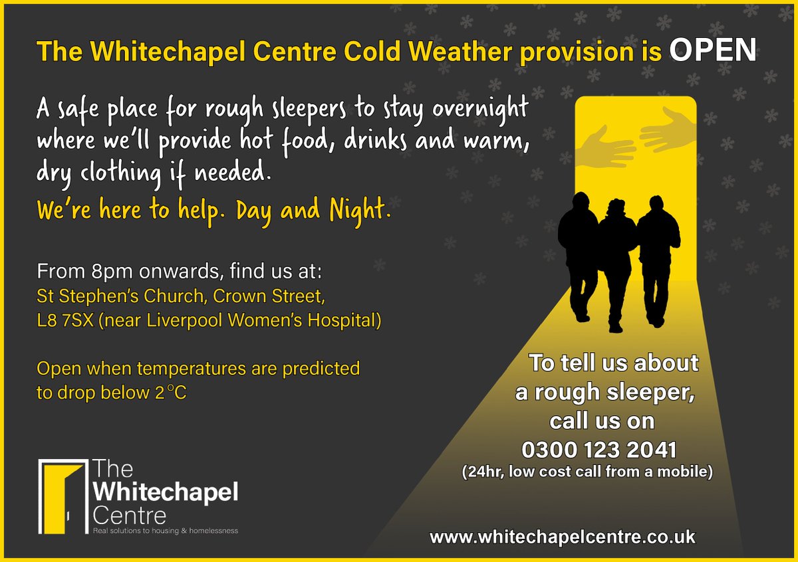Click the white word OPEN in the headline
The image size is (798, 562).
tap(712, 50)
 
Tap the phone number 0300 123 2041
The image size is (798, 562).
tap(599, 450)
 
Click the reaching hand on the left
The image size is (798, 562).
tap(608, 147)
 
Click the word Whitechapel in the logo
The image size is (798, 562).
tap(166, 493)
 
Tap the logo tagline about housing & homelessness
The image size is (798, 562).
tap(166, 531)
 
